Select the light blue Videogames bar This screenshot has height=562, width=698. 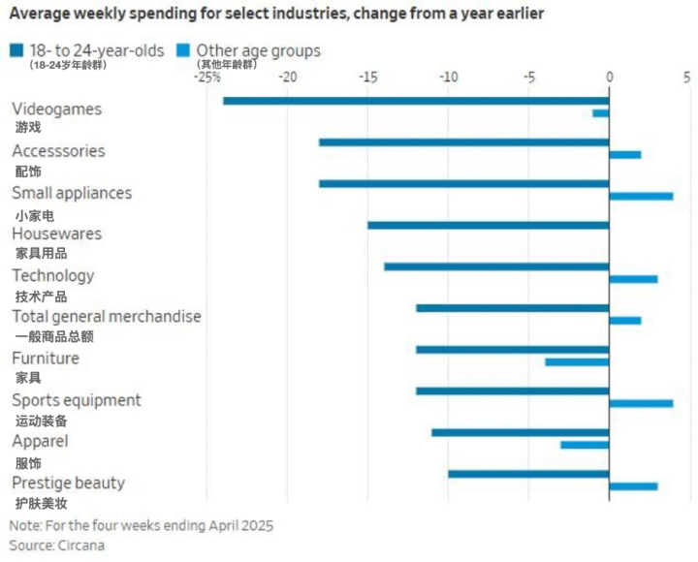click(601, 113)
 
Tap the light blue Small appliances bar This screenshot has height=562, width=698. click(641, 197)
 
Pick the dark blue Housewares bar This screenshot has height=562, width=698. click(488, 226)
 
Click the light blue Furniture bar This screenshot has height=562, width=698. click(577, 362)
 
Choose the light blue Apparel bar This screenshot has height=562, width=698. click(585, 445)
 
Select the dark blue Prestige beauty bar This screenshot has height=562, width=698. click(528, 474)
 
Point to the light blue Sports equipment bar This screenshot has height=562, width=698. click(641, 403)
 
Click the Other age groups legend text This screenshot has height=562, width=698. click(258, 50)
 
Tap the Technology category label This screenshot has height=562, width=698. click(53, 275)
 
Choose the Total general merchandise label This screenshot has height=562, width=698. click(107, 317)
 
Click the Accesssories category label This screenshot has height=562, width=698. click(58, 151)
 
